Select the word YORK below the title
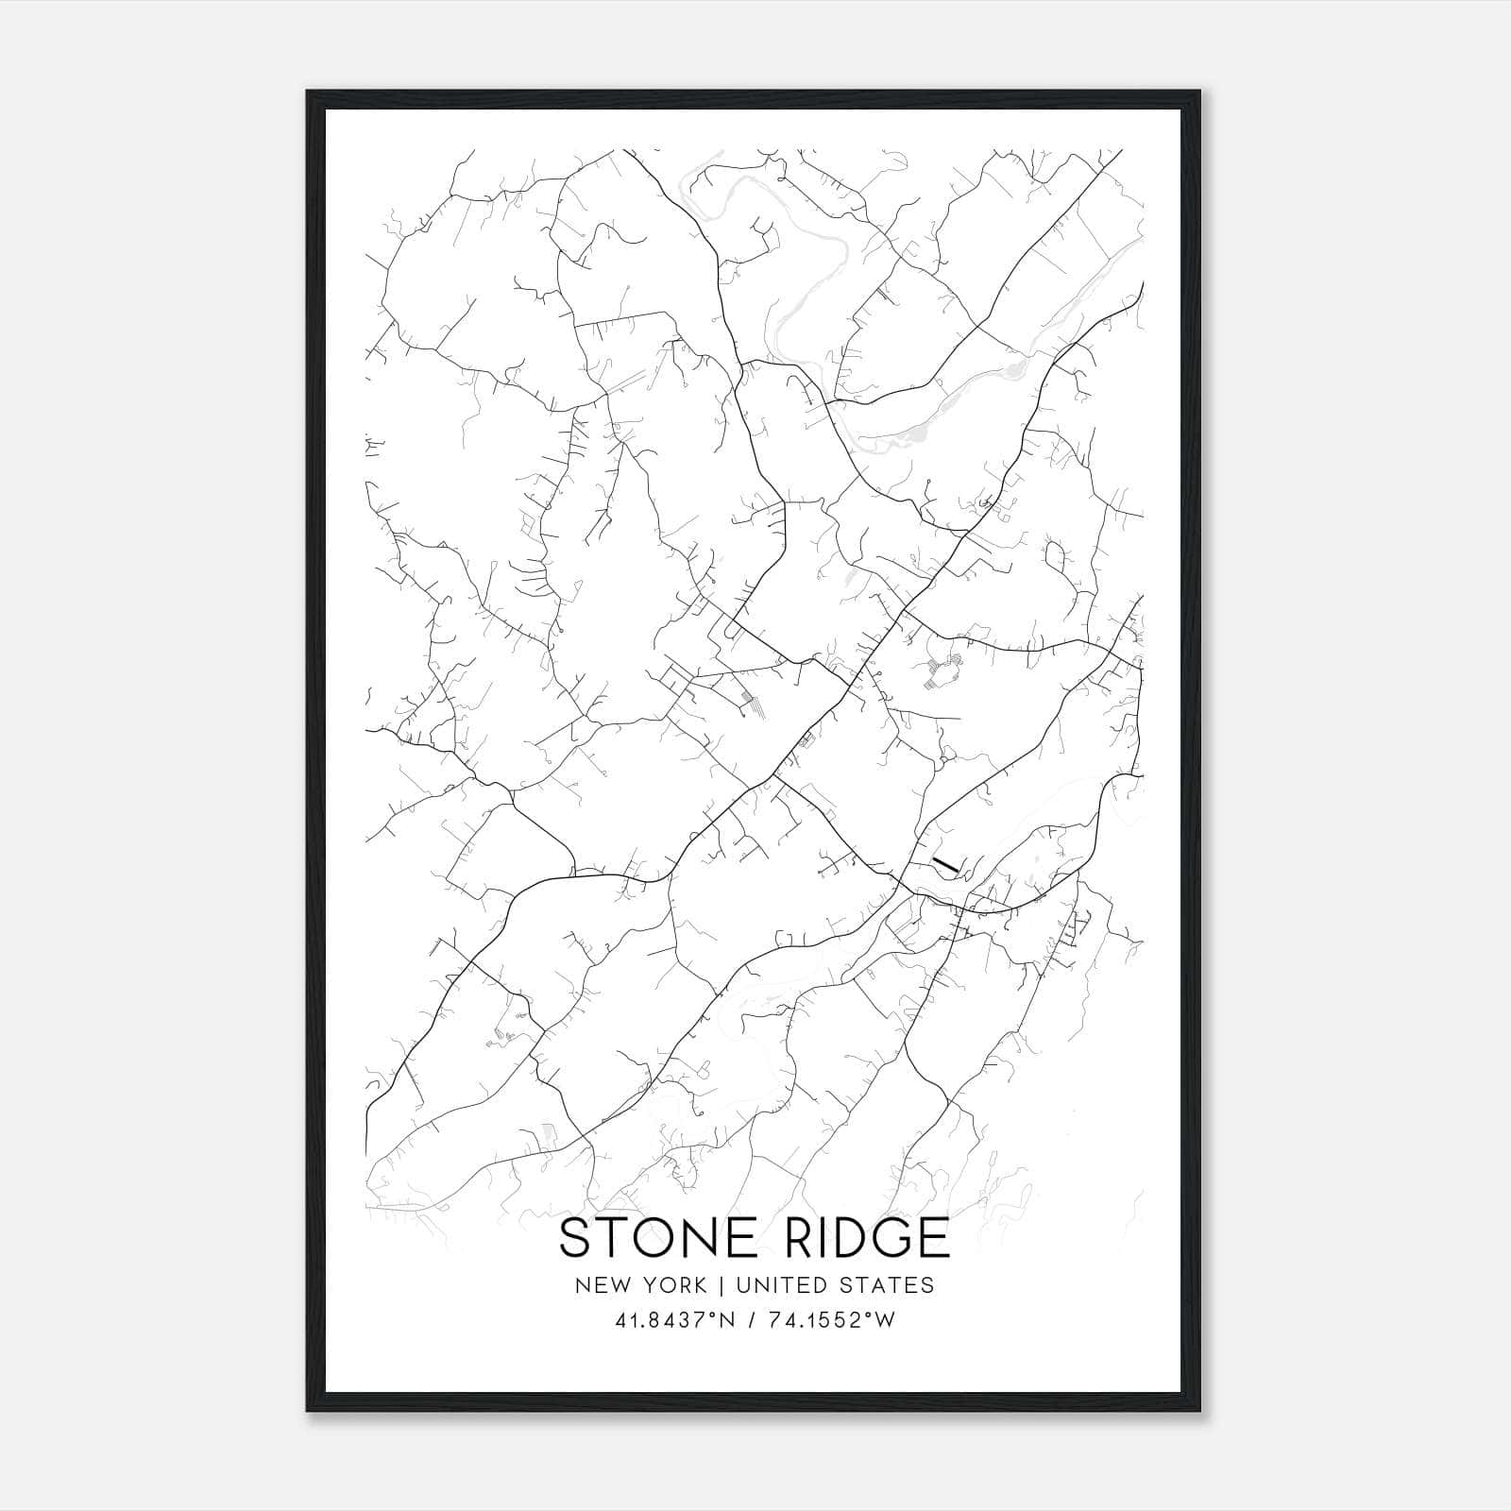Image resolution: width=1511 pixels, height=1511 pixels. [672, 1285]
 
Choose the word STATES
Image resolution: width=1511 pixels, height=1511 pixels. [884, 1285]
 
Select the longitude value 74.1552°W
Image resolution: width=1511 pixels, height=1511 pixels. [830, 1320]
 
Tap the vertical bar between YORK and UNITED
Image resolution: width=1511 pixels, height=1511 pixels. [722, 1285]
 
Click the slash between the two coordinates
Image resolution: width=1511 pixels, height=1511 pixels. [751, 1320]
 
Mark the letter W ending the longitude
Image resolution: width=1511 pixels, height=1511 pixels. [884, 1320]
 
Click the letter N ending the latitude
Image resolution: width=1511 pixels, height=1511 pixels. [726, 1320]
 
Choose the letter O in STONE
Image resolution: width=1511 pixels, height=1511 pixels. [652, 1238]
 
